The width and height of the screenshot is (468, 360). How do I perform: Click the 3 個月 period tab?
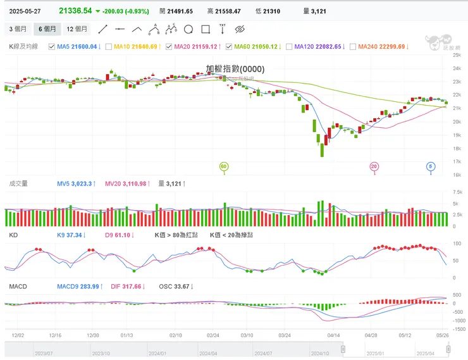(x=18, y=29)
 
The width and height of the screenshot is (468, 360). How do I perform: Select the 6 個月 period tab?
(x=47, y=29)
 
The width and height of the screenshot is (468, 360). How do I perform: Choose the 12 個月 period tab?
(x=77, y=29)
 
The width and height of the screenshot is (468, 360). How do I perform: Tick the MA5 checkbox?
(x=52, y=46)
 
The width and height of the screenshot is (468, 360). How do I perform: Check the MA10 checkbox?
(x=109, y=46)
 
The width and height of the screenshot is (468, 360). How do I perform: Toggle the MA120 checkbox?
(x=290, y=46)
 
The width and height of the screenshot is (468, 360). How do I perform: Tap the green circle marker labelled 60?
(x=223, y=166)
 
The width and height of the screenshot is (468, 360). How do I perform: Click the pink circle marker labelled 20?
(x=374, y=166)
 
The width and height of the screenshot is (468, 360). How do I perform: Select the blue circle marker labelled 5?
(x=431, y=166)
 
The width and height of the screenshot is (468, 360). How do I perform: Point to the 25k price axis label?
(x=456, y=56)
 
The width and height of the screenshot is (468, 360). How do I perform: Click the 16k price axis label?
(x=456, y=175)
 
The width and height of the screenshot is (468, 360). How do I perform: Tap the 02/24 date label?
(x=212, y=334)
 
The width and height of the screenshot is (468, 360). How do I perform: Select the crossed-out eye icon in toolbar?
(x=239, y=29)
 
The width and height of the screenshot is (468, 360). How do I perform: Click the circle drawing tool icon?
(x=188, y=29)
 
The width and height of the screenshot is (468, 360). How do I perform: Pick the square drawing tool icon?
(x=205, y=29)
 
